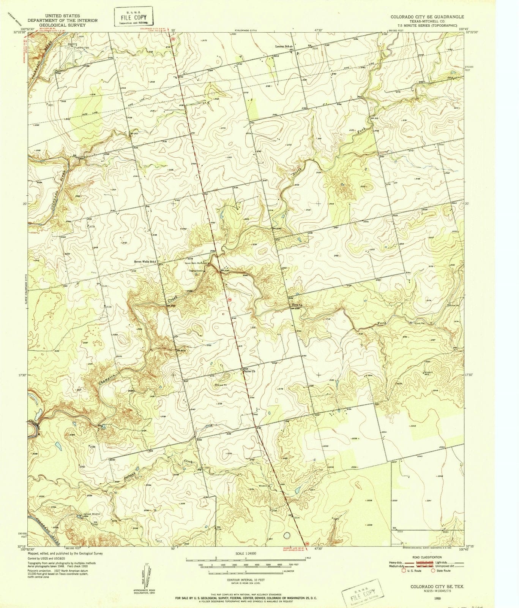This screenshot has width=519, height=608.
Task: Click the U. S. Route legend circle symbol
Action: pos(396,571)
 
